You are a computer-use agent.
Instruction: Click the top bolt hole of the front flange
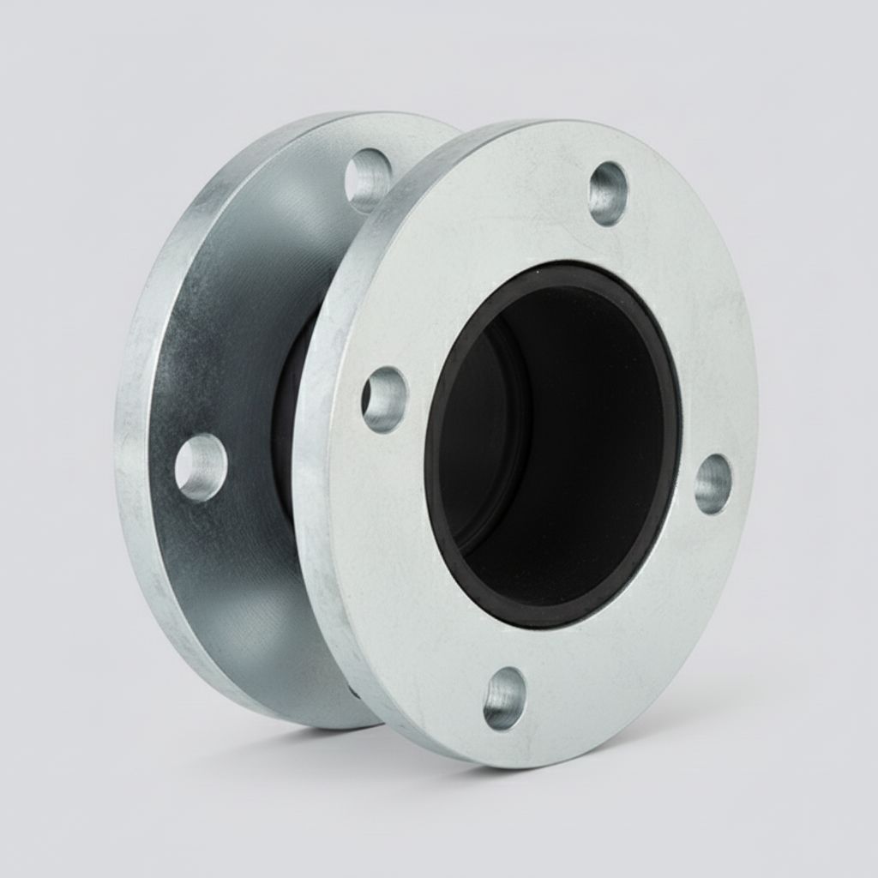pyautogui.click(x=608, y=193)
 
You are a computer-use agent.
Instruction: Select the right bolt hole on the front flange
pyautogui.click(x=713, y=484)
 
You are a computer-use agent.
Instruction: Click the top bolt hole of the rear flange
pyautogui.click(x=369, y=179)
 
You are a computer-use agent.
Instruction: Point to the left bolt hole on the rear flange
pyautogui.click(x=201, y=466)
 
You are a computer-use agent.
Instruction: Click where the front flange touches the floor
pyautogui.click(x=480, y=760)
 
